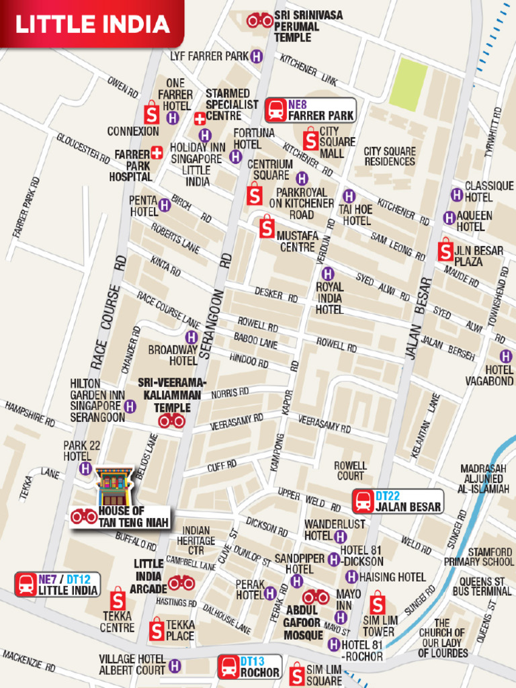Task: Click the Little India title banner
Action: click(x=92, y=24)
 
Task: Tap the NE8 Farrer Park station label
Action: click(x=310, y=110)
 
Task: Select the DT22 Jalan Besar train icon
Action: click(x=363, y=501)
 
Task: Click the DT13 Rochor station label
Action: click(x=250, y=667)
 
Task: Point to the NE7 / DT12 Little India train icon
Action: click(x=26, y=585)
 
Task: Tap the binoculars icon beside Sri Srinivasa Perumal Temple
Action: click(x=259, y=21)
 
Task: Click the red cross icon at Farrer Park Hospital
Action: click(x=157, y=153)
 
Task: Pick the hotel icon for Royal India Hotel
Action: click(x=327, y=273)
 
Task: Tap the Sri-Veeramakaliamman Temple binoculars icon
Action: click(x=171, y=421)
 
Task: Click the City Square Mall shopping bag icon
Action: click(x=310, y=140)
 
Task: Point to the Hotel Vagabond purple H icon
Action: click(x=505, y=356)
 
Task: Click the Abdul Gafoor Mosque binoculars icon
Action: click(x=315, y=597)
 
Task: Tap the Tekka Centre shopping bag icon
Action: click(x=118, y=598)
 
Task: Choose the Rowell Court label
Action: click(x=350, y=470)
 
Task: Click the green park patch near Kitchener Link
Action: click(x=408, y=83)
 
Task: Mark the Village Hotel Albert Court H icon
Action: click(x=175, y=666)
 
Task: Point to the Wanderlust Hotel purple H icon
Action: click(x=341, y=536)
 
